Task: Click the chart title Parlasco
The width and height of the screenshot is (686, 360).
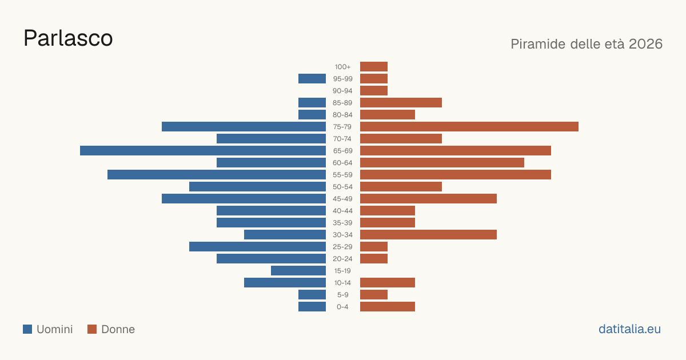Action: [x=68, y=38]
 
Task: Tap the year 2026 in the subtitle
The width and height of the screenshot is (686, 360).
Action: [x=645, y=44]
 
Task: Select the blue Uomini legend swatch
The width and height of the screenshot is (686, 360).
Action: [x=27, y=329]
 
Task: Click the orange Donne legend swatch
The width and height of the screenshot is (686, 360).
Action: [x=92, y=329]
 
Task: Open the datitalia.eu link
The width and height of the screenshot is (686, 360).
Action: [x=629, y=329]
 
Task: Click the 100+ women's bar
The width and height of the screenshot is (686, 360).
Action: [x=374, y=66]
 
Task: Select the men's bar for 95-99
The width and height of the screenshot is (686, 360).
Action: [x=312, y=78]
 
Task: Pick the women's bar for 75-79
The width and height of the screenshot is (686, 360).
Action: [x=469, y=126]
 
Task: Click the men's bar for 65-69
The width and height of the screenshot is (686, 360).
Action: [x=203, y=151]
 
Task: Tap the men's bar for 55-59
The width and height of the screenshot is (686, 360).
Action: [x=217, y=174]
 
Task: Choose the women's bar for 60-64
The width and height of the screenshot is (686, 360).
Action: [x=442, y=162]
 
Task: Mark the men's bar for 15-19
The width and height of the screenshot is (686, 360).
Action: [x=298, y=271]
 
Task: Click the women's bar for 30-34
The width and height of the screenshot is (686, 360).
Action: [x=428, y=234]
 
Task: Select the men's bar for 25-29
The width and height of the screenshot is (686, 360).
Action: [x=258, y=246]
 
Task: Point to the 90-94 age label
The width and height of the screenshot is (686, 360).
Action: [x=342, y=91]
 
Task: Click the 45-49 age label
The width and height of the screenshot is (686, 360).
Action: [x=342, y=199]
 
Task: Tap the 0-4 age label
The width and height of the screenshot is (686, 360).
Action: [x=342, y=307]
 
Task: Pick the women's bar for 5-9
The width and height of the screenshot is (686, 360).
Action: [x=374, y=294]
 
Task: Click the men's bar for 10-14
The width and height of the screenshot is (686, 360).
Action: [x=285, y=282]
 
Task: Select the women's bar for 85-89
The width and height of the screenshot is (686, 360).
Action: [x=401, y=102]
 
